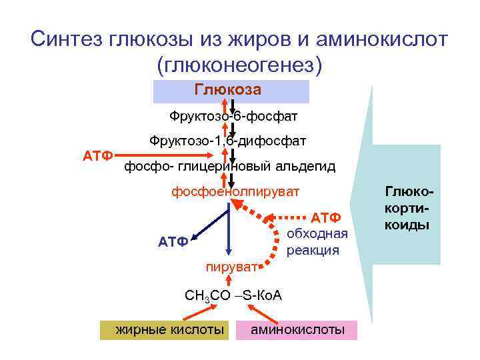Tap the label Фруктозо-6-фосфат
pyautogui.click(x=233, y=117)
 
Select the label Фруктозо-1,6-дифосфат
pyautogui.click(x=227, y=141)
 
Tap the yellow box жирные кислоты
pyautogui.click(x=163, y=329)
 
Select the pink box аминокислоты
pyautogui.click(x=297, y=329)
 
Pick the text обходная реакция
pyautogui.click(x=317, y=241)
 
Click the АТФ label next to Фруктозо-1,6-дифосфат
pyautogui.click(x=96, y=156)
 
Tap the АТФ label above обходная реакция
pyautogui.click(x=326, y=218)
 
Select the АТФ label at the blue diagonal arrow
pyautogui.click(x=172, y=241)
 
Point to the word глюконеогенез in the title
pyautogui.click(x=239, y=65)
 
